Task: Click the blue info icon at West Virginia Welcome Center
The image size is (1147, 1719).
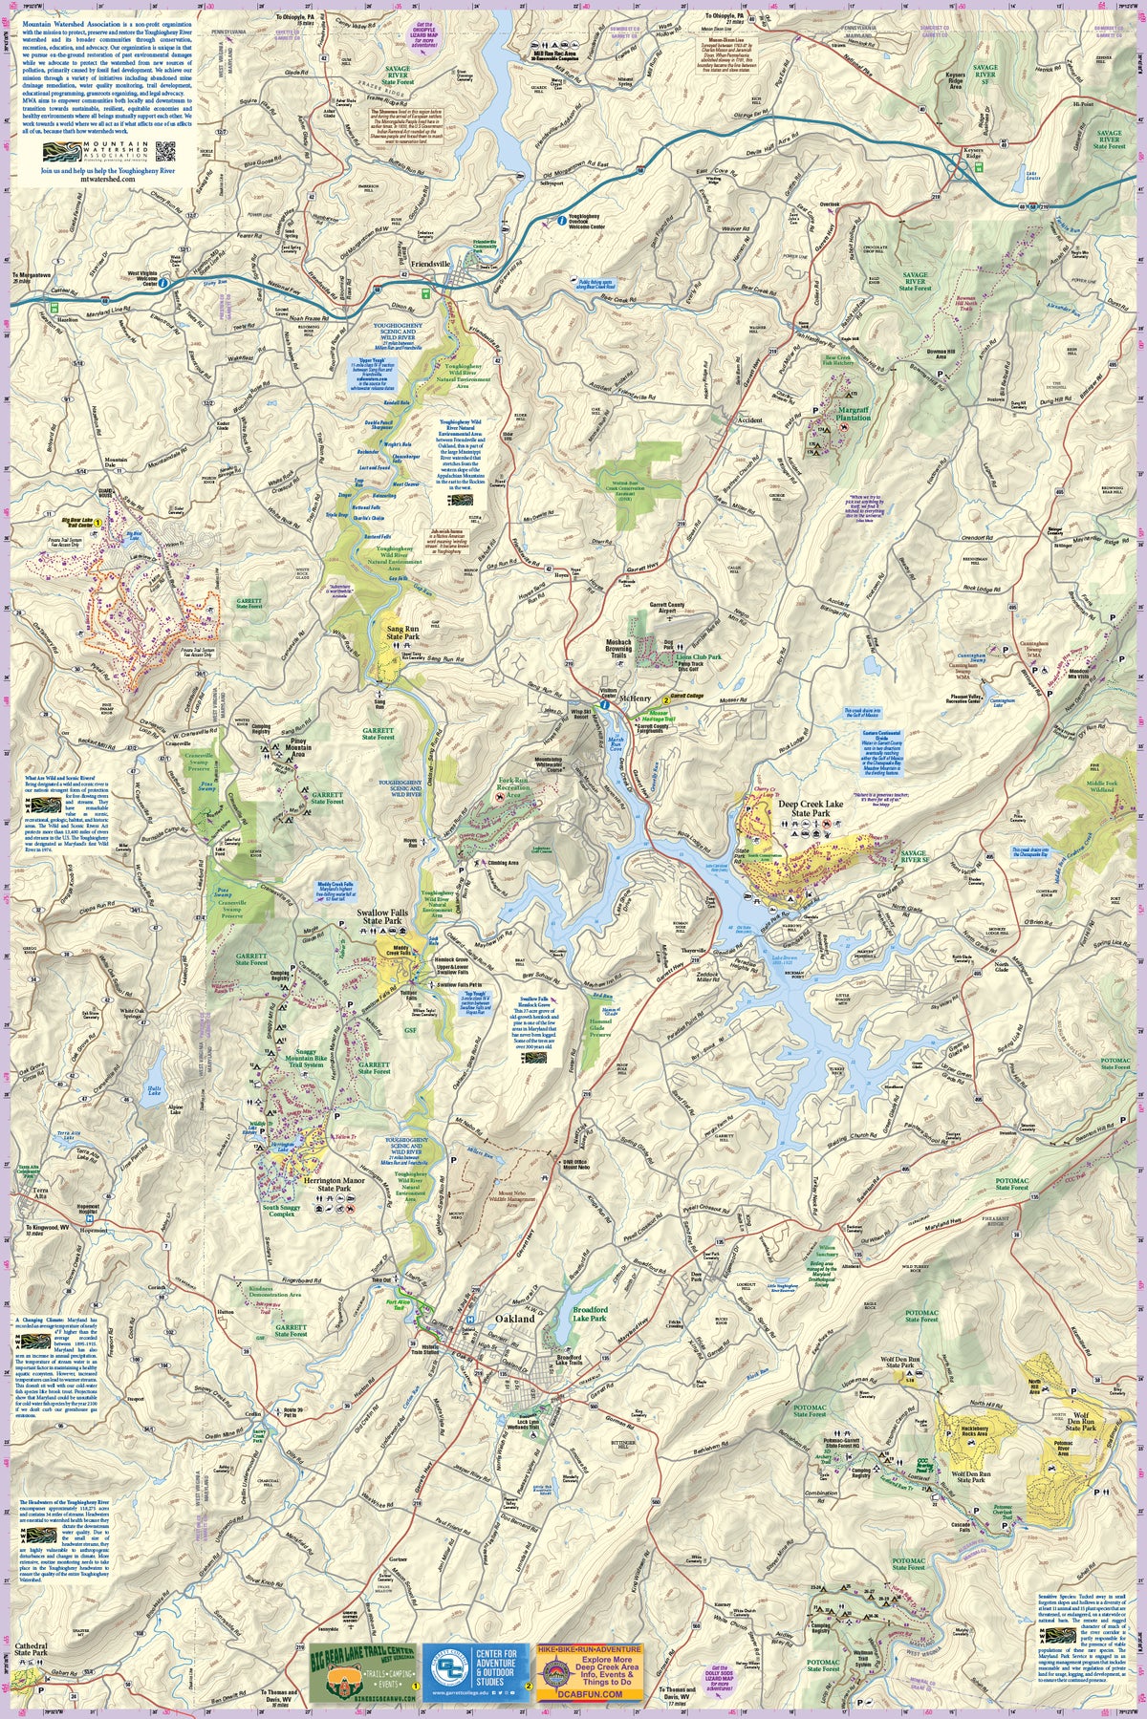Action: [x=163, y=284]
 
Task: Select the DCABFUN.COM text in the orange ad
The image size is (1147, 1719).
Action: [x=590, y=1694]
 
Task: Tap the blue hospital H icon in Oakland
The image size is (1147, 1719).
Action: [x=470, y=1321]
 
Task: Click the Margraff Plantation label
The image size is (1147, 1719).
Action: [x=853, y=413]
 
